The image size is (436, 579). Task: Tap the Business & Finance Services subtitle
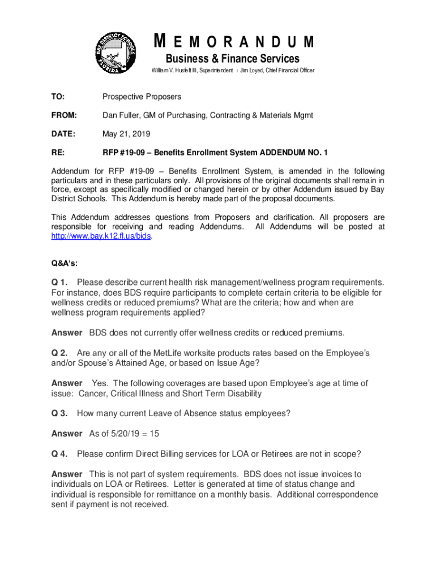pos(232,59)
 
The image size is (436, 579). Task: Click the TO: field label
pos(58,97)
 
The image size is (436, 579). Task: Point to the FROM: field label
pos(64,115)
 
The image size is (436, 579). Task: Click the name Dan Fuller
pos(120,115)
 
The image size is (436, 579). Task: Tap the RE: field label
pos(57,153)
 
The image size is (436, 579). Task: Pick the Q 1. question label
pos(60,282)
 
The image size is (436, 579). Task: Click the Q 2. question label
pos(60,353)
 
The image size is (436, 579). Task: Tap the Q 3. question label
pos(60,413)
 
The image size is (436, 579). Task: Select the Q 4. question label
pos(60,453)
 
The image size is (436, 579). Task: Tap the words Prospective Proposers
pos(142,97)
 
